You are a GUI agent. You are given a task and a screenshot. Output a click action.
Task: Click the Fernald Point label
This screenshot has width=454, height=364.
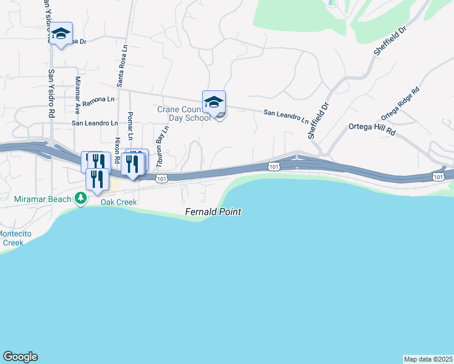click(x=213, y=212)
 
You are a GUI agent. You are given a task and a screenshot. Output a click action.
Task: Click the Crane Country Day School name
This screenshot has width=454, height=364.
click(x=183, y=113)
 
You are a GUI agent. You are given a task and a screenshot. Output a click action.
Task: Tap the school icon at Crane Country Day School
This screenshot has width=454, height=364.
click(x=214, y=103)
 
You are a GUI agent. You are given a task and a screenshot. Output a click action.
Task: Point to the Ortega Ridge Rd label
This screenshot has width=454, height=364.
click(x=400, y=104)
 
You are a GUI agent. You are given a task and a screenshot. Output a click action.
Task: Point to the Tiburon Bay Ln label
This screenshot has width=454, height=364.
click(x=161, y=150)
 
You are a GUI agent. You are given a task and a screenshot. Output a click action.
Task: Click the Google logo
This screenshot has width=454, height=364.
click(x=20, y=357)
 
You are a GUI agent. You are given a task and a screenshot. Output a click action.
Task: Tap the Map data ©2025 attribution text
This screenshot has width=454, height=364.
click(x=428, y=359)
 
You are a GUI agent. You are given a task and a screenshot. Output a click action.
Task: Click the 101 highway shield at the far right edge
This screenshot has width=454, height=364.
click(x=438, y=177)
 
